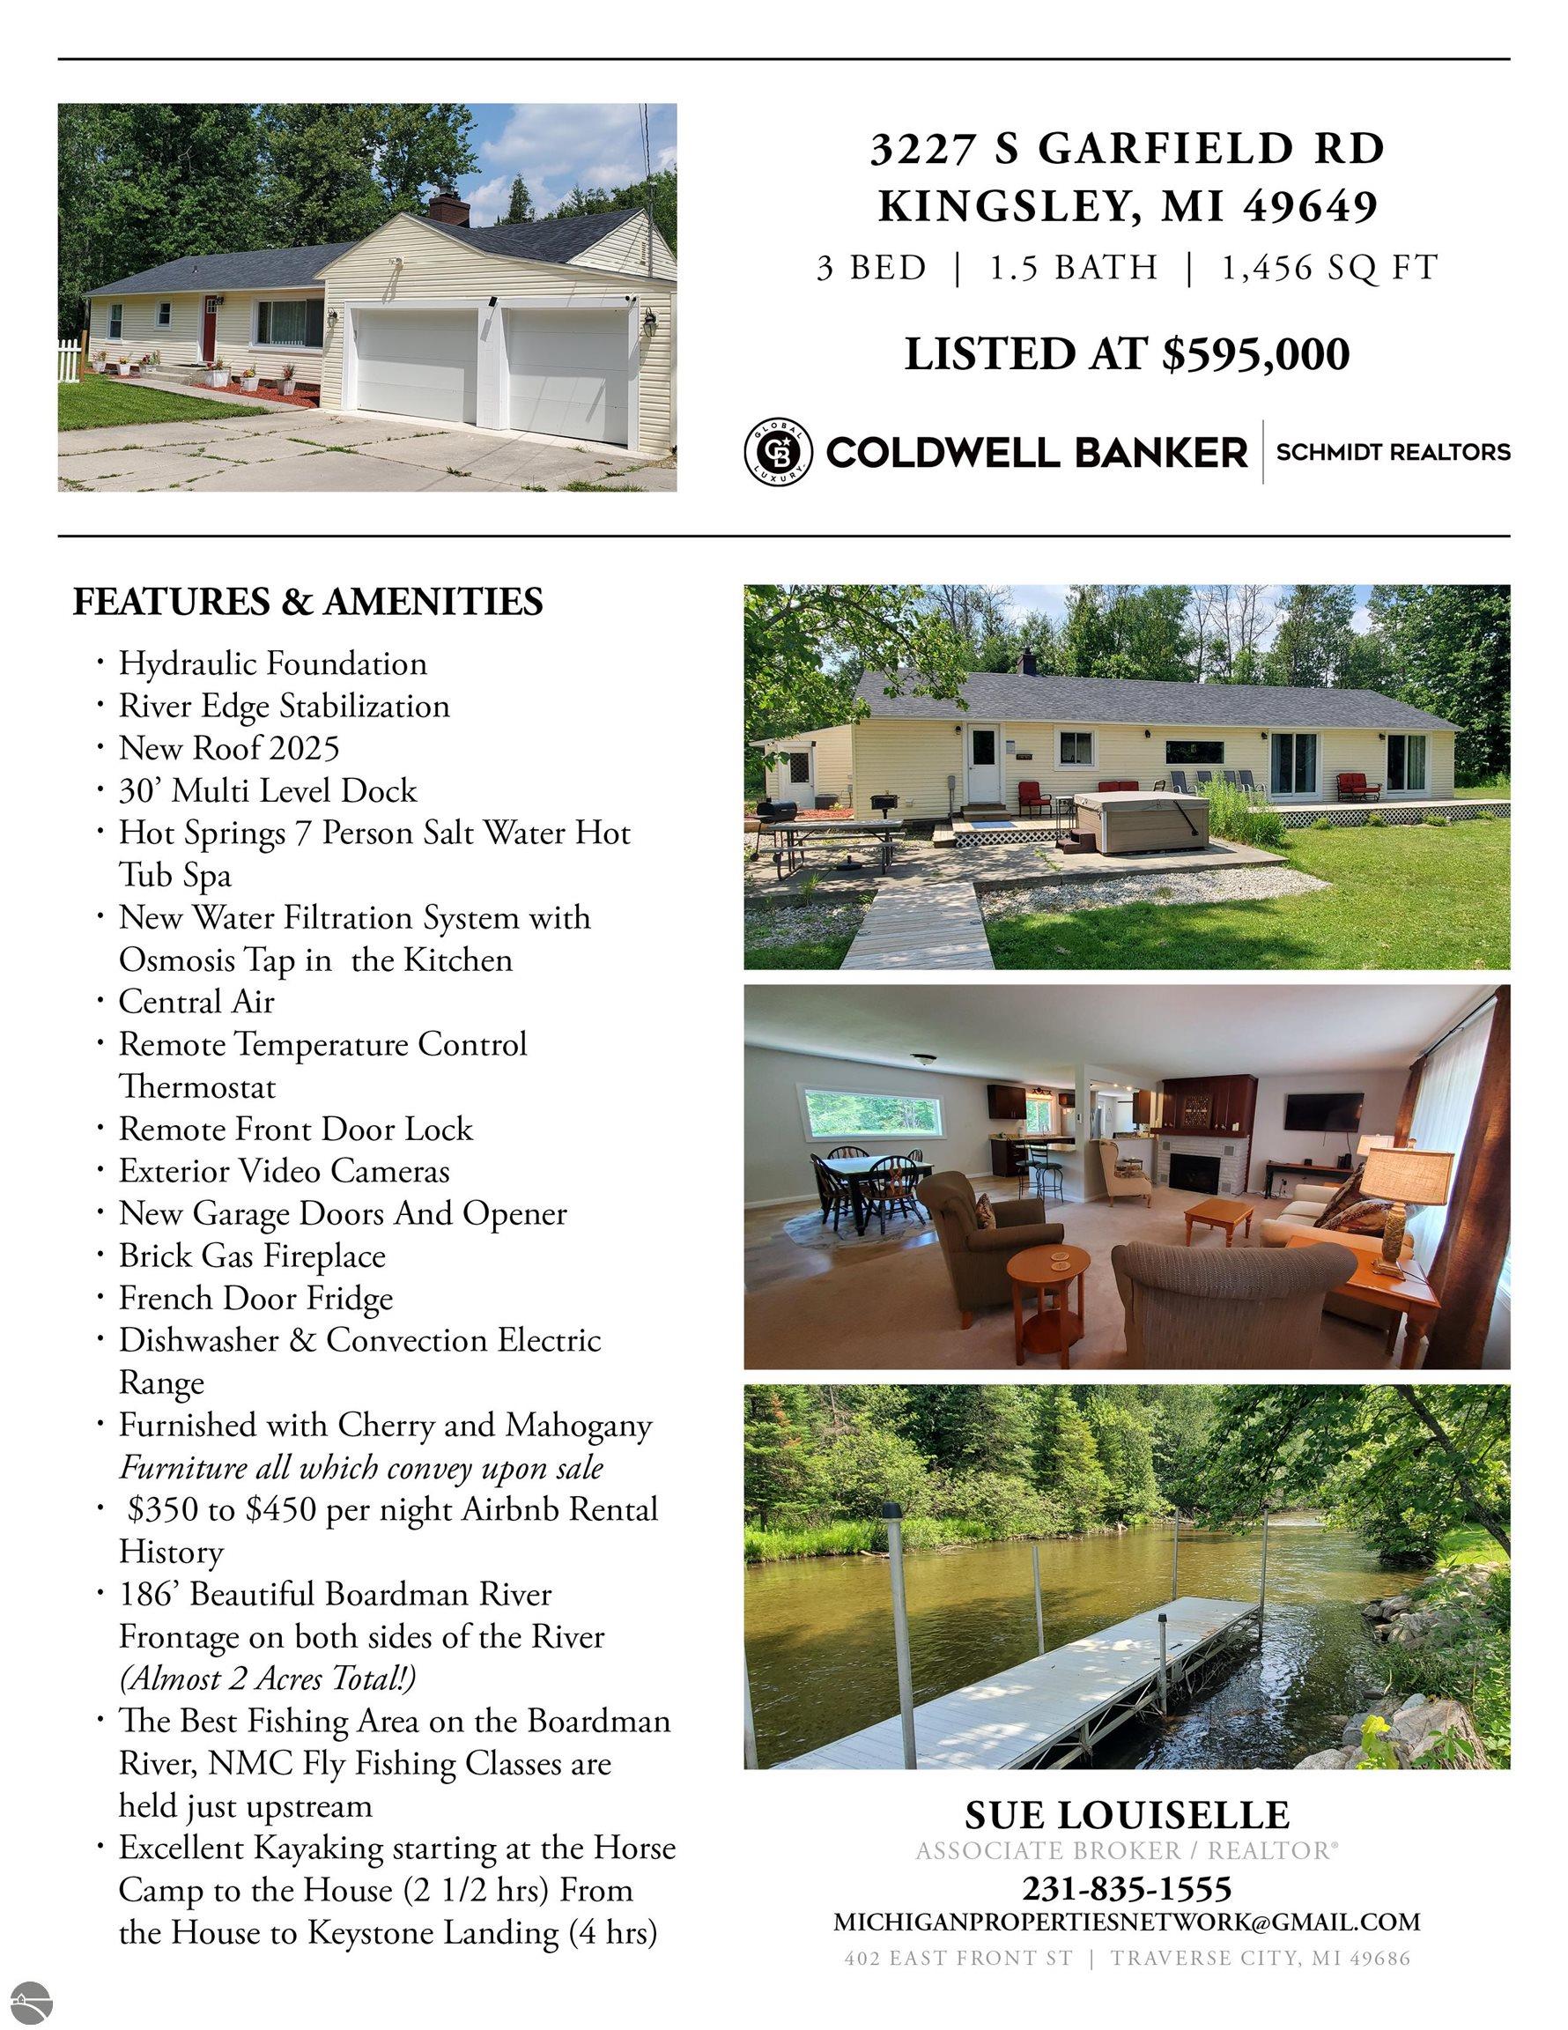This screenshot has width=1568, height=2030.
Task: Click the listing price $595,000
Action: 1254,354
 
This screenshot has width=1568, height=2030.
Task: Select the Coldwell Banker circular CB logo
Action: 777,452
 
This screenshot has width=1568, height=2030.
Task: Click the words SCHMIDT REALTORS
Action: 1393,453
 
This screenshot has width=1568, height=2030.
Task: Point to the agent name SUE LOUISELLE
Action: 1127,1814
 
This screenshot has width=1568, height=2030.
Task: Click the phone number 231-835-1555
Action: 1127,1888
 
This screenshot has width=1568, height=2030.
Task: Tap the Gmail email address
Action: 1127,1922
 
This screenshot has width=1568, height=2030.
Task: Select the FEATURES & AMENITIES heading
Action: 307,602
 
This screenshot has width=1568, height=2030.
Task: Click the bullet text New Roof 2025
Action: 229,748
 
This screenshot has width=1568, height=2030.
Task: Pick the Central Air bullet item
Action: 196,1002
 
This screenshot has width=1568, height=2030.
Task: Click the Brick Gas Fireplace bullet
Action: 251,1256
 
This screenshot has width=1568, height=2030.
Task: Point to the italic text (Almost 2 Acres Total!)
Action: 268,1678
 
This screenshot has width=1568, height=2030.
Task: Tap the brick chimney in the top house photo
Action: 448,208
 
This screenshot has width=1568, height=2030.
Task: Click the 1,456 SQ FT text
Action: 1329,269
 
